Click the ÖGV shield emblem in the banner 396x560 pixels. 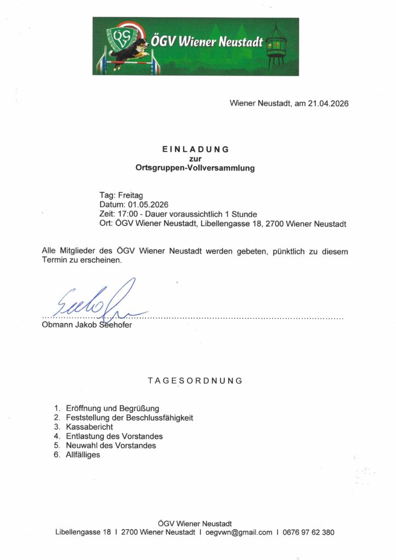click(x=121, y=39)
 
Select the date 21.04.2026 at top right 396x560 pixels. click(x=328, y=103)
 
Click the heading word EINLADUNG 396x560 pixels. click(x=195, y=149)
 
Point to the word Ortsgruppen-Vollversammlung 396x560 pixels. click(x=195, y=168)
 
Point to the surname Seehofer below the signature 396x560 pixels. click(x=115, y=325)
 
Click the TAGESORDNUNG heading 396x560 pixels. click(x=195, y=381)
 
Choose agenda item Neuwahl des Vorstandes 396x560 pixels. click(x=110, y=445)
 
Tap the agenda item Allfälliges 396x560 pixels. click(x=83, y=454)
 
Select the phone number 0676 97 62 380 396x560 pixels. click(x=308, y=532)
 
